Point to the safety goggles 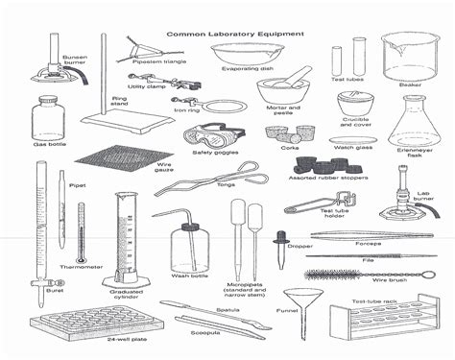click(x=213, y=134)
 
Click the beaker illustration click(x=407, y=56)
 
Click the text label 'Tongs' click(x=227, y=183)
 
